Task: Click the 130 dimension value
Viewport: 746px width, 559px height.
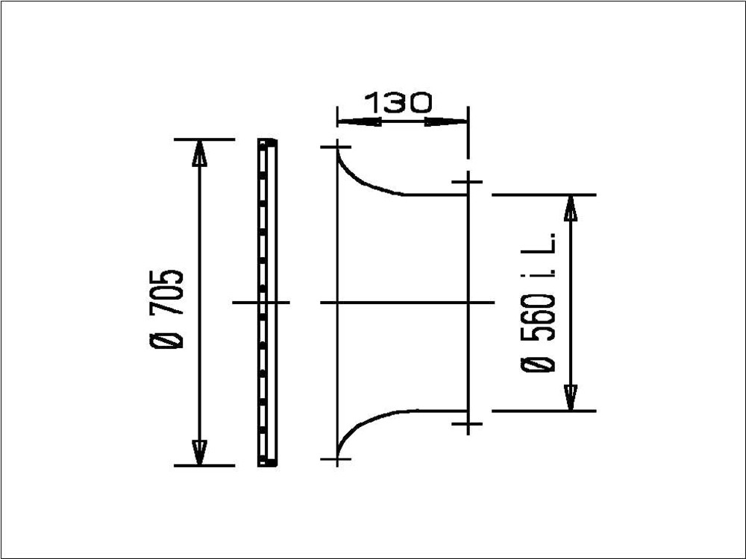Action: (x=398, y=103)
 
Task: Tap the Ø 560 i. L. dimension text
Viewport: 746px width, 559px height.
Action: (x=539, y=303)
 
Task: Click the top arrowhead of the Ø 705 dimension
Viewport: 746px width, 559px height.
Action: (x=199, y=153)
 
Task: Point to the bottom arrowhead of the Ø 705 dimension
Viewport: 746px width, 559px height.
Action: (x=199, y=452)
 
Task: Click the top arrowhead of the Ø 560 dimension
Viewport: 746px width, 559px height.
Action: (x=571, y=208)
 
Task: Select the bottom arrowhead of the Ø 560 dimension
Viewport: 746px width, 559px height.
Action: (x=571, y=397)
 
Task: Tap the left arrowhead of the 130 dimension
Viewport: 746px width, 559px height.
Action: (x=360, y=121)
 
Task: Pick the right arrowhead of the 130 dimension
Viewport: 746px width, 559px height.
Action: (x=446, y=121)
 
